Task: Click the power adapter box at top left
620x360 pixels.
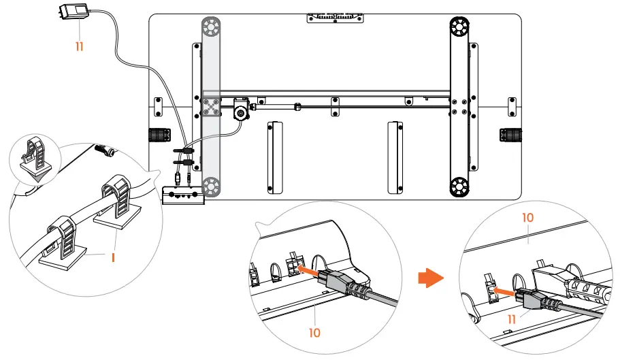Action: [74, 11]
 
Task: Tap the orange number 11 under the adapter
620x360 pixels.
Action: [80, 47]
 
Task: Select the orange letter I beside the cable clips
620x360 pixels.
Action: [113, 258]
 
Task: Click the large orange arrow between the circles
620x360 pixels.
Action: [431, 278]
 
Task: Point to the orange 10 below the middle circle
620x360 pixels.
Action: [314, 333]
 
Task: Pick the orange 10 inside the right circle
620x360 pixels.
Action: [528, 217]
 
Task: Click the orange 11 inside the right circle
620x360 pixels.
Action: [512, 319]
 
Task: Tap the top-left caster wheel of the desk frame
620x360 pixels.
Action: [211, 27]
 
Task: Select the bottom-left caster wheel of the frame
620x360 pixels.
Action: [211, 186]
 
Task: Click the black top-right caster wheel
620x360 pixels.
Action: [459, 27]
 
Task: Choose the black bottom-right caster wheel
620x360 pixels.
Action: [459, 186]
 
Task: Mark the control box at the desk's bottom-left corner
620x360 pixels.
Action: [183, 195]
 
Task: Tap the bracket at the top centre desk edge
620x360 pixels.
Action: [336, 18]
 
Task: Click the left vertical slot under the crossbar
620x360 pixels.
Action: [275, 158]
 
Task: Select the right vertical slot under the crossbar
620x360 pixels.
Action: [395, 158]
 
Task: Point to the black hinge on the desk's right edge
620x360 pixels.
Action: [510, 135]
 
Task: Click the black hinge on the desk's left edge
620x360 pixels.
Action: [159, 135]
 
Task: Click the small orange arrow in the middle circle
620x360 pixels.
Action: [307, 271]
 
